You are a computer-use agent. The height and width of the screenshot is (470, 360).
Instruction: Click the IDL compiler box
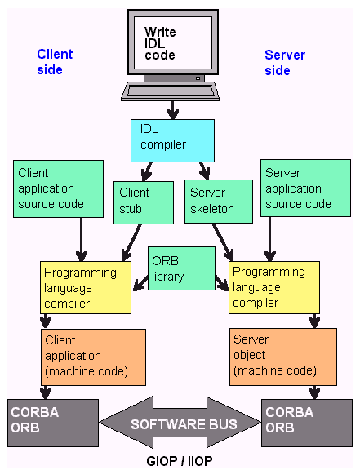172,140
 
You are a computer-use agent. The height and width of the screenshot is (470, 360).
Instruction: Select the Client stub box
144,202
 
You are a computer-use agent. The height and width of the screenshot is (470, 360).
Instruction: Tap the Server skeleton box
219,202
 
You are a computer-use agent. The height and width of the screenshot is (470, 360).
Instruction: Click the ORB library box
181,268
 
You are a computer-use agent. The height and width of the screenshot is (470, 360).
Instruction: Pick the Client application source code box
58,188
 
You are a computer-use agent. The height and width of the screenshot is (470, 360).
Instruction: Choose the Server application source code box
305,188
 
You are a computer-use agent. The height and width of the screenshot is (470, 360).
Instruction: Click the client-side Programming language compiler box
86,287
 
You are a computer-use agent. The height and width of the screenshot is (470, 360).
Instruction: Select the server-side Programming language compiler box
274,287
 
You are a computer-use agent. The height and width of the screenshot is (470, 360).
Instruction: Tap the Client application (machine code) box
93,357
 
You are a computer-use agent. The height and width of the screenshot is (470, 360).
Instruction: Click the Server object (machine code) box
283,357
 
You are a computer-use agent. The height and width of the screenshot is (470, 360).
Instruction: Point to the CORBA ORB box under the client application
53,423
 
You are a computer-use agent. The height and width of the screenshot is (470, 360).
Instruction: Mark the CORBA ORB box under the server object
307,423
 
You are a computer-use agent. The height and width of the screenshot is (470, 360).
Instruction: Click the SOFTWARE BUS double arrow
180,423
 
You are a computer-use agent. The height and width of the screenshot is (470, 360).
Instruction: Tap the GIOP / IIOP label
180,461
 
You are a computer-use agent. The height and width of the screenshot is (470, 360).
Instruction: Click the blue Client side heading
55,62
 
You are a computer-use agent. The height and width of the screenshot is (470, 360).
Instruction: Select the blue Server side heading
285,63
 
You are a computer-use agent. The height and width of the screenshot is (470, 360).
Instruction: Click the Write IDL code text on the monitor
160,43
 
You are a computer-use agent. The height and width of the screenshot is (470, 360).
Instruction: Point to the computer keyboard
171,91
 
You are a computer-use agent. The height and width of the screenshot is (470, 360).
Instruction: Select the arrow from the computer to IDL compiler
172,110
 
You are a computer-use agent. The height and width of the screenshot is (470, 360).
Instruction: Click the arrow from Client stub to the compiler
131,242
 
